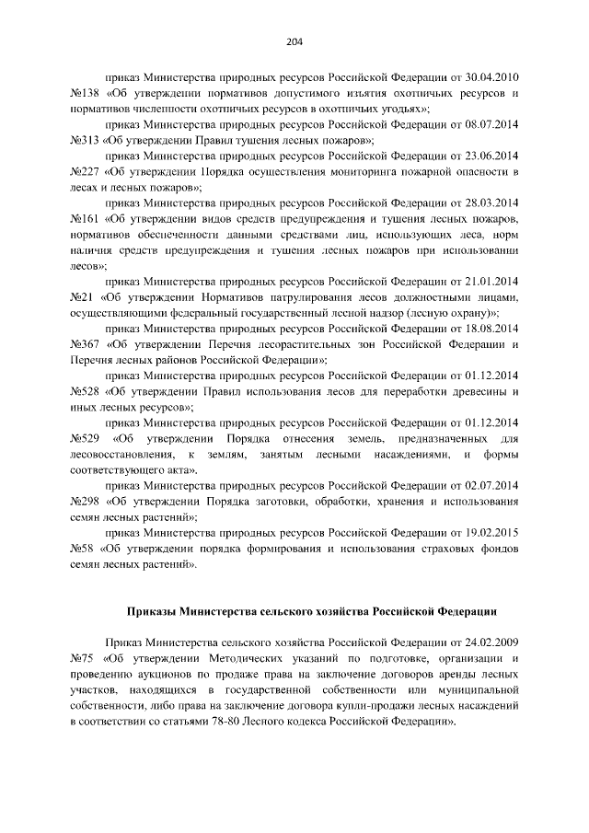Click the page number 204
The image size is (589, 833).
pos(294,41)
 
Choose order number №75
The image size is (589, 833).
pos(83,657)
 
